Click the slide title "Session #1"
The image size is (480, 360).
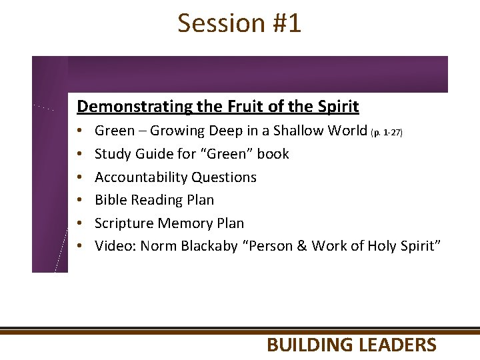(239, 23)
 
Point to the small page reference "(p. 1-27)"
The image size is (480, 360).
(387, 133)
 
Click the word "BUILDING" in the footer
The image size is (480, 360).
(310, 345)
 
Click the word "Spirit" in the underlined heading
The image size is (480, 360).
(337, 107)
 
